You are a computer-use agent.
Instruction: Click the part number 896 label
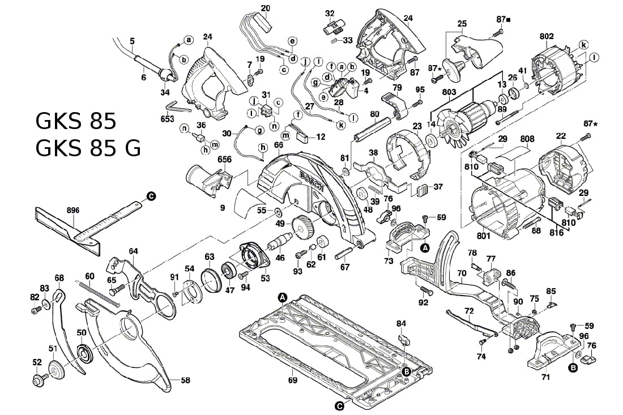[x=72, y=210]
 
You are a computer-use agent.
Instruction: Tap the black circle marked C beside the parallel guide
[x=151, y=195]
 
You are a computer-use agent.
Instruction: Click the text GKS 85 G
[x=88, y=148]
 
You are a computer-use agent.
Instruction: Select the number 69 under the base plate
[x=292, y=380]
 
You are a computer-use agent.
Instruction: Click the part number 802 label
[x=547, y=36]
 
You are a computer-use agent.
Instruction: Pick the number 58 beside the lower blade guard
[x=185, y=381]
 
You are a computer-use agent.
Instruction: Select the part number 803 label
[x=449, y=92]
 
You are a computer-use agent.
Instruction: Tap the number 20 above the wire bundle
[x=266, y=8]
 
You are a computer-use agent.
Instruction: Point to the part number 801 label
[x=483, y=236]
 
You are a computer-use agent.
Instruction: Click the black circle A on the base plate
[x=282, y=297]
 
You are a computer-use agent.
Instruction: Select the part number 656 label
[x=225, y=160]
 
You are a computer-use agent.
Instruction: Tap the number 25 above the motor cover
[x=462, y=24]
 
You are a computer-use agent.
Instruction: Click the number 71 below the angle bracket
[x=545, y=376]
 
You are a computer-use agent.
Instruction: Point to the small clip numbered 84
[x=403, y=340]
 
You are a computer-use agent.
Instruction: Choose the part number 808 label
[x=527, y=138]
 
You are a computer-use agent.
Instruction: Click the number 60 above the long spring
[x=89, y=276]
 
